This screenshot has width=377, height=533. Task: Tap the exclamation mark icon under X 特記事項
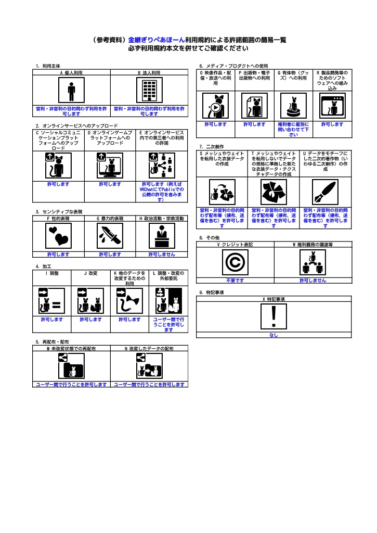click(274, 316)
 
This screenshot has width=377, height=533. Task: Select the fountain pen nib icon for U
click(326, 193)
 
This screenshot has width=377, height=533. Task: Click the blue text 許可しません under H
click(162, 255)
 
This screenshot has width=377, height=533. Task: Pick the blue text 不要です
click(235, 281)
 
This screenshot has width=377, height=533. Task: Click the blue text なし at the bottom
click(274, 335)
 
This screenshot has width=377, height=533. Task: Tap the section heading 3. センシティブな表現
click(59, 212)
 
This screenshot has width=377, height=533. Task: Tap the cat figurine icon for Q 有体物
click(293, 106)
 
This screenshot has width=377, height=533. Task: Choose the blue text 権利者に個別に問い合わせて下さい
click(293, 130)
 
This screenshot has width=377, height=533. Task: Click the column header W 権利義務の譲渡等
click(313, 244)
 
